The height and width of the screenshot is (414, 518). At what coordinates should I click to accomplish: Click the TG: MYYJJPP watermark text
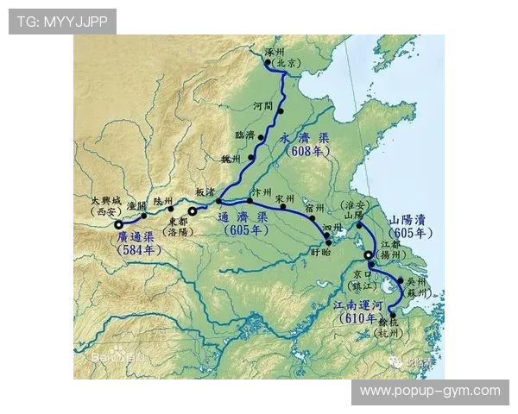tap(62, 22)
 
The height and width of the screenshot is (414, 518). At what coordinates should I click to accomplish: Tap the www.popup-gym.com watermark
tap(430, 391)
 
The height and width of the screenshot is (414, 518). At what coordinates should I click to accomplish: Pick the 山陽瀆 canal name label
tap(410, 220)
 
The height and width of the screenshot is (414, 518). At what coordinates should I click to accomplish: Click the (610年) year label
tap(359, 319)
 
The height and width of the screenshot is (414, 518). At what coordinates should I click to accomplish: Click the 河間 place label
tap(262, 105)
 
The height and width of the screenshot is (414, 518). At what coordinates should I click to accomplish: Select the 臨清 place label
tap(245, 135)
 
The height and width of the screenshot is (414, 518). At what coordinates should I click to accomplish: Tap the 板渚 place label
tap(205, 191)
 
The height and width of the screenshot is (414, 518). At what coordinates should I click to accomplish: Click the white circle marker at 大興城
tap(119, 225)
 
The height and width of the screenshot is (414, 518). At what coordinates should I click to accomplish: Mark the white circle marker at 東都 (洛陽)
tap(193, 210)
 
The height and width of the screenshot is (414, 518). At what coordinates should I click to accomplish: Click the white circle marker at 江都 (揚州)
tap(369, 255)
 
